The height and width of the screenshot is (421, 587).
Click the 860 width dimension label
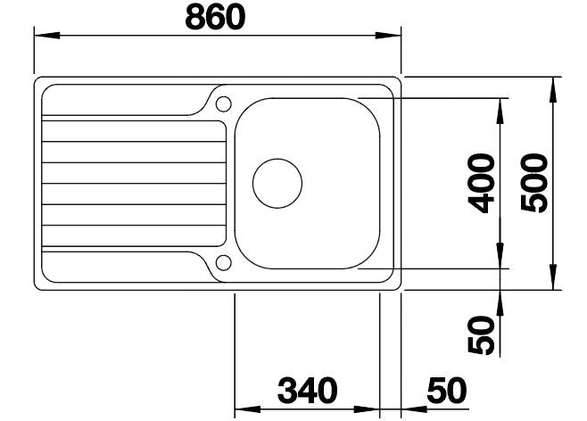point(215,18)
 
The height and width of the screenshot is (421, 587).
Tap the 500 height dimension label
point(534,183)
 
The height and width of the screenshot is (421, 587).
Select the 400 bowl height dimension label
point(482,184)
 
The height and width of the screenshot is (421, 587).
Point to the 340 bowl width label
point(308,391)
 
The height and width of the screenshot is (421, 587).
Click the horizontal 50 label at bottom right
point(447,391)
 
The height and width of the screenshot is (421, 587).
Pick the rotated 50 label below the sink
point(482,335)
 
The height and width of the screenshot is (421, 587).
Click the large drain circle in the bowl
point(277,184)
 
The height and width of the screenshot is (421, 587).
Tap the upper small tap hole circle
point(224,104)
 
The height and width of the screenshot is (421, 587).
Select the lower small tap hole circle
point(224,263)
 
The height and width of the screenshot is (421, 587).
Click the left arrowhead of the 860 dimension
point(46,35)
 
